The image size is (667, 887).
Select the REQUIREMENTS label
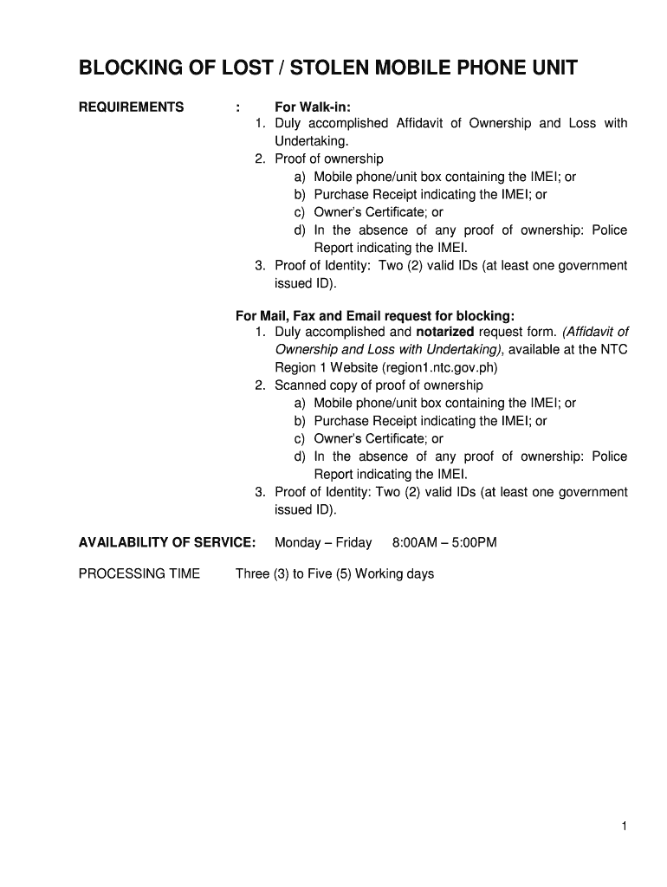click(x=132, y=107)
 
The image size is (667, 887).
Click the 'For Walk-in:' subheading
click(x=313, y=107)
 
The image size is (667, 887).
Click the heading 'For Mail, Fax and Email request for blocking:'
click(x=375, y=315)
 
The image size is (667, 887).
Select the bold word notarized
click(x=445, y=332)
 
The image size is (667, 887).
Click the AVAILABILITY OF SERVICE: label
click(x=167, y=543)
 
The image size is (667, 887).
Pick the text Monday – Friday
click(x=323, y=543)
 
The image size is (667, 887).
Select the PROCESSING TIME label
click(x=139, y=573)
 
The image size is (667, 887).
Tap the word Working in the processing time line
click(x=380, y=573)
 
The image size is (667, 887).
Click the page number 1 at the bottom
click(x=623, y=827)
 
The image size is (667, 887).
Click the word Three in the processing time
click(x=252, y=573)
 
